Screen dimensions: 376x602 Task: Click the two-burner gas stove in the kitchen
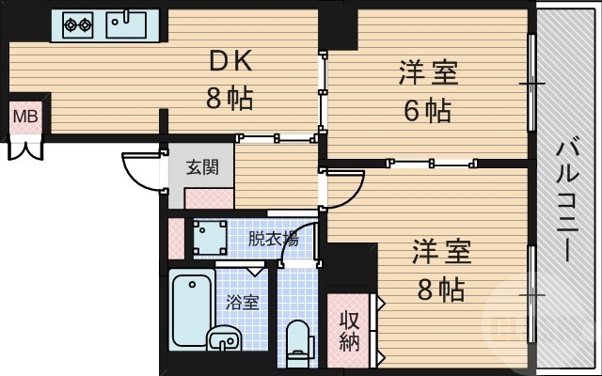(77, 24)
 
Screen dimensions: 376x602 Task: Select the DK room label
(230, 62)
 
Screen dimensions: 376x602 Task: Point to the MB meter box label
(24, 117)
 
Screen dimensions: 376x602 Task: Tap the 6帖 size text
(428, 110)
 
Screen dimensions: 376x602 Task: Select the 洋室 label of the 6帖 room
(428, 73)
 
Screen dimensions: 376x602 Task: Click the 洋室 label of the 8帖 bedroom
(441, 253)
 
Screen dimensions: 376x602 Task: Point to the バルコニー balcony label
(568, 201)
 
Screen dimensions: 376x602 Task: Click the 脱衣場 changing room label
(272, 239)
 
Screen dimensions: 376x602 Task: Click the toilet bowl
(298, 339)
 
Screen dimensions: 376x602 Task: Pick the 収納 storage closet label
(349, 330)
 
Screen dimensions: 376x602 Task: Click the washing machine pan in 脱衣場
(210, 238)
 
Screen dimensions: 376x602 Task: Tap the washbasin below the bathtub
(223, 341)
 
